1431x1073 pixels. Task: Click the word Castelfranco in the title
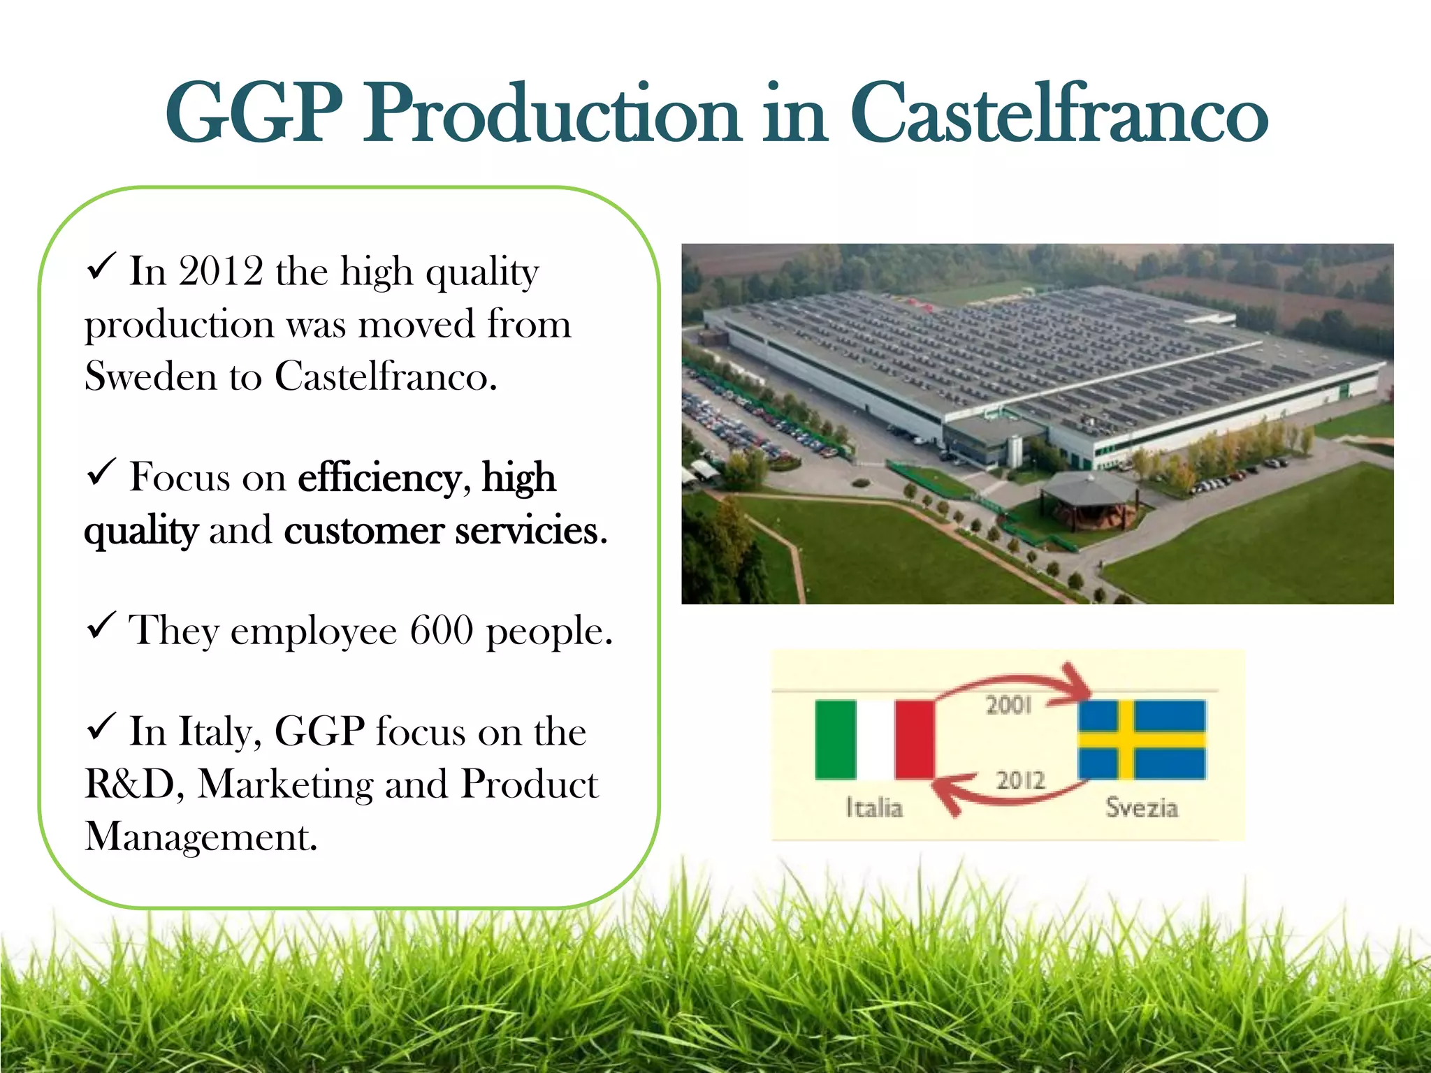point(1058,113)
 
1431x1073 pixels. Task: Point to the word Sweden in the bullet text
point(151,377)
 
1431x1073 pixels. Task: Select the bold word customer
point(363,531)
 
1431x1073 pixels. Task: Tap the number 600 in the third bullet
point(442,630)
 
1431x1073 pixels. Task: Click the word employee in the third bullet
point(314,632)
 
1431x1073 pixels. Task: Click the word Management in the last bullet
point(201,837)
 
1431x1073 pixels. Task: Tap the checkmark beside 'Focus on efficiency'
point(101,472)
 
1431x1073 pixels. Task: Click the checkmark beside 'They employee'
point(101,625)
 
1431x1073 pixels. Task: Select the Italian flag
point(875,740)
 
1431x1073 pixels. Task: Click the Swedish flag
point(1142,740)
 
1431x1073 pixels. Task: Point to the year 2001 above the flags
point(1008,705)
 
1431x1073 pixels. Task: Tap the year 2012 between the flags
point(1020,780)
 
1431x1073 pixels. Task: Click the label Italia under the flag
point(874,808)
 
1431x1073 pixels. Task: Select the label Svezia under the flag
point(1142,808)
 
